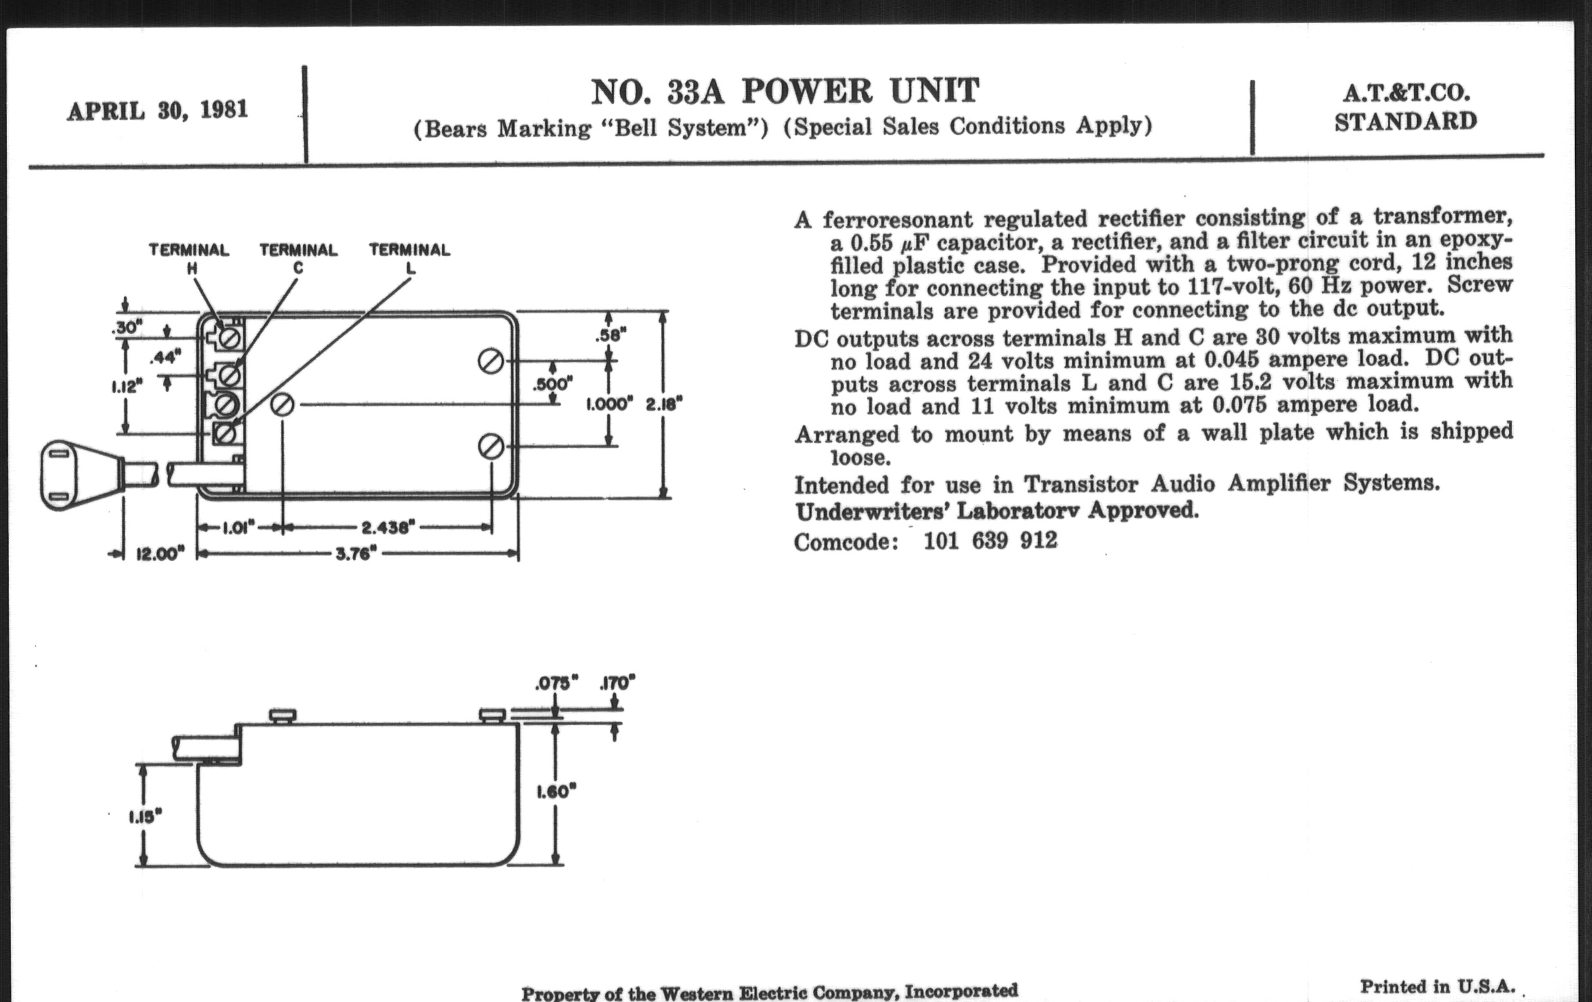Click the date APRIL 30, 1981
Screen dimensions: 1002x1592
[157, 111]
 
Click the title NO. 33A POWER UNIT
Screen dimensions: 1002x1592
[784, 92]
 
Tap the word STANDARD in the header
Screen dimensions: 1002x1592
[1405, 122]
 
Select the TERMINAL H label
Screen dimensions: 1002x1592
[189, 258]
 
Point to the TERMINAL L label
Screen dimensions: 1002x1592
[409, 258]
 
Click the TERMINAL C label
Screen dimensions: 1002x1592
[298, 258]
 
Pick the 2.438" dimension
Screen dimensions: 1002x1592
[388, 528]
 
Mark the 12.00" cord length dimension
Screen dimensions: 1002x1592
[160, 554]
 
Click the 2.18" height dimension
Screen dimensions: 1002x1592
[664, 404]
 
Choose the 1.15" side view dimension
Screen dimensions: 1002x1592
[145, 817]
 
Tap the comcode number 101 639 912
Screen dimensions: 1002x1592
[990, 541]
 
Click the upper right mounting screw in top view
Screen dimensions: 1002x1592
[490, 362]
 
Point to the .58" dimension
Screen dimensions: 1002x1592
[609, 335]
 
